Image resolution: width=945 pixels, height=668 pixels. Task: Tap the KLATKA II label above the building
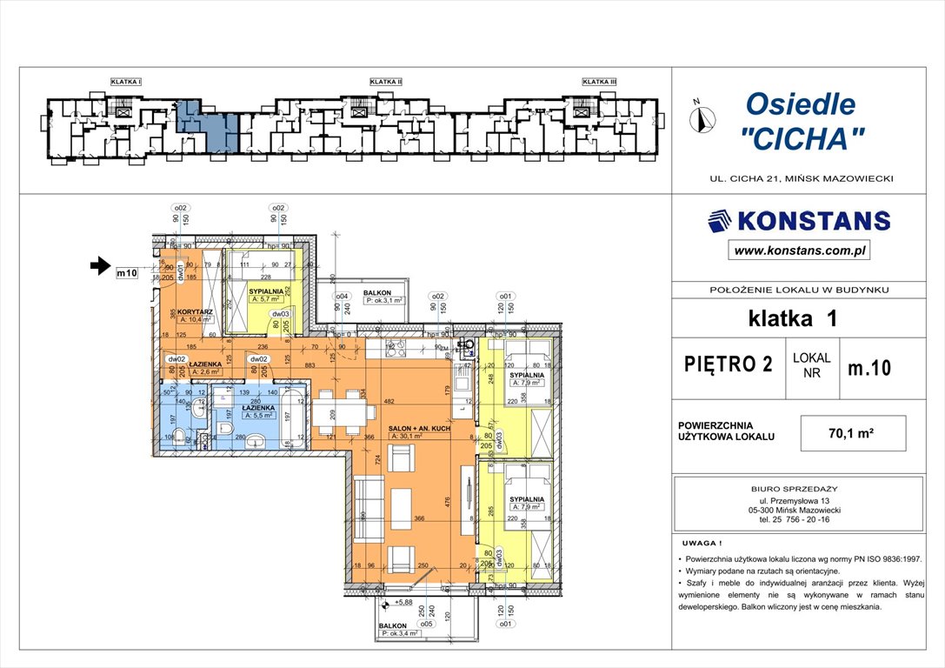[x=385, y=82]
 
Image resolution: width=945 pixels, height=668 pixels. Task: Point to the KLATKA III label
[x=599, y=82]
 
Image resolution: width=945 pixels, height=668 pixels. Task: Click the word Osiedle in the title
[x=800, y=104]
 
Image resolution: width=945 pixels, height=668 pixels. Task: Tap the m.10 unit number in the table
[x=868, y=368]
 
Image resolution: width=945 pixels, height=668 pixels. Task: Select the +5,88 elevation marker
[x=401, y=602]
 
